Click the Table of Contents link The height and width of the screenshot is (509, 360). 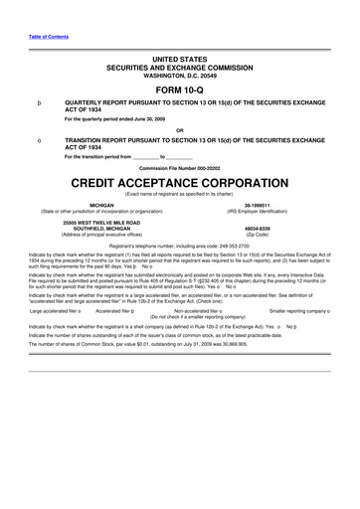click(x=42, y=38)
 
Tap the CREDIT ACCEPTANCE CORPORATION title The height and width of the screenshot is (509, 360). click(x=179, y=184)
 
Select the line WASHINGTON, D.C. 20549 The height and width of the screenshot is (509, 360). click(x=179, y=75)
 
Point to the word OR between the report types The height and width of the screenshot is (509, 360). click(x=179, y=130)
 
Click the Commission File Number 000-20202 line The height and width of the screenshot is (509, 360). click(x=179, y=168)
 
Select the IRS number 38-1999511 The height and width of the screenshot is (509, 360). click(x=271, y=206)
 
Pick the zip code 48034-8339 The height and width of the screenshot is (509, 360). click(x=271, y=225)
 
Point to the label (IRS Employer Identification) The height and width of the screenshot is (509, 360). click(x=271, y=212)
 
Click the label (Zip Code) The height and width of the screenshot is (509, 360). click(x=271, y=231)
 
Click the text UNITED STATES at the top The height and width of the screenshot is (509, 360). click(x=179, y=61)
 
